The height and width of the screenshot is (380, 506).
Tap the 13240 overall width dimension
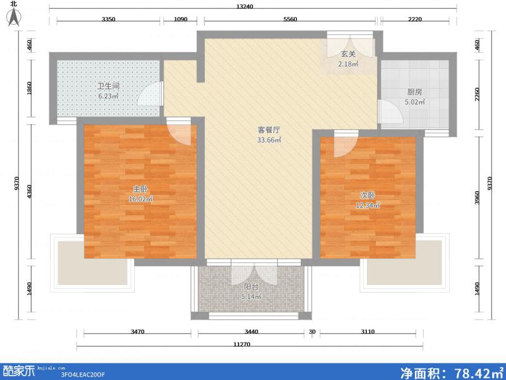pyautogui.click(x=245, y=7)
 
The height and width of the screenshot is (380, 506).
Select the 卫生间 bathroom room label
pyautogui.click(x=108, y=86)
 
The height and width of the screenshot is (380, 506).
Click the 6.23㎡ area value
pyautogui.click(x=108, y=97)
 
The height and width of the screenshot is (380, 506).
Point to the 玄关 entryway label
pyautogui.click(x=348, y=54)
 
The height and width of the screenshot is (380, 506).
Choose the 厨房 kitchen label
pyautogui.click(x=415, y=91)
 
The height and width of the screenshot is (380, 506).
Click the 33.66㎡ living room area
pyautogui.click(x=269, y=140)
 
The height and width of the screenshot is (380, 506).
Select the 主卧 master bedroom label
pyautogui.click(x=140, y=188)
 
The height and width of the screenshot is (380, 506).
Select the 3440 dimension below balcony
pyautogui.click(x=252, y=332)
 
